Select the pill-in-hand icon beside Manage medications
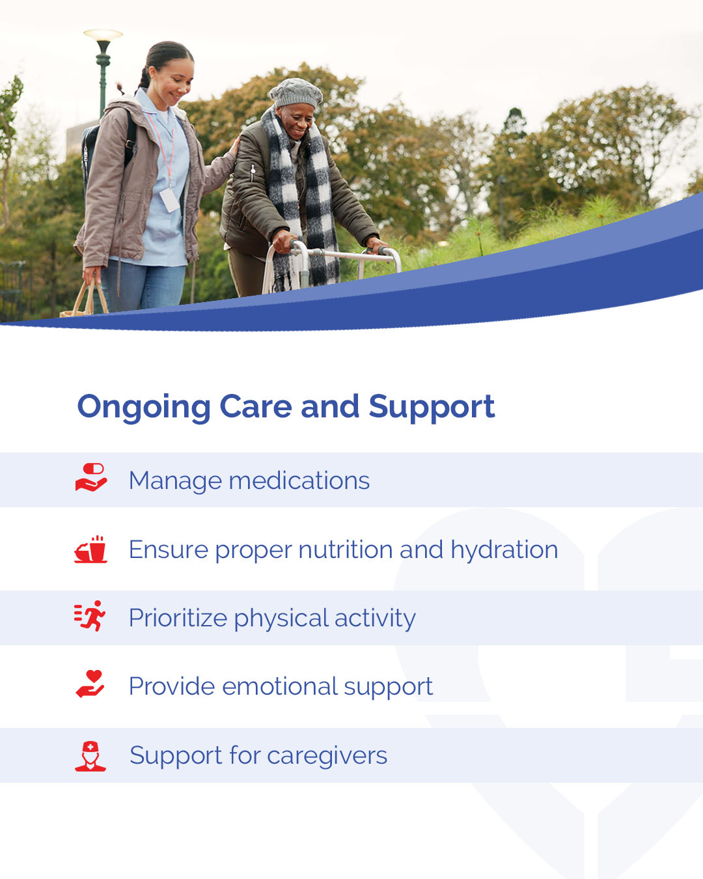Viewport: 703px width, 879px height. click(91, 477)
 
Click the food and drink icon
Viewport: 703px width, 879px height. click(90, 549)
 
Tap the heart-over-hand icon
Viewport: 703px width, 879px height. click(90, 684)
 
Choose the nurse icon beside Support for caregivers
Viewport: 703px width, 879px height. click(90, 756)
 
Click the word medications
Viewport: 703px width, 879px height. click(299, 481)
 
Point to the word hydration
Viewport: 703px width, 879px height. click(504, 550)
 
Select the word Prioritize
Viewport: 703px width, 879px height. click(178, 618)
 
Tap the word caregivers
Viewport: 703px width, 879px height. click(327, 757)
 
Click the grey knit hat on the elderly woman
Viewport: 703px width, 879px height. click(296, 94)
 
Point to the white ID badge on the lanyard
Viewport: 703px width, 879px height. click(169, 200)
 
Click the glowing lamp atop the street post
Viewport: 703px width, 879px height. click(103, 35)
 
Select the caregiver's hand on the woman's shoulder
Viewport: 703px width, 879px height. click(234, 147)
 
